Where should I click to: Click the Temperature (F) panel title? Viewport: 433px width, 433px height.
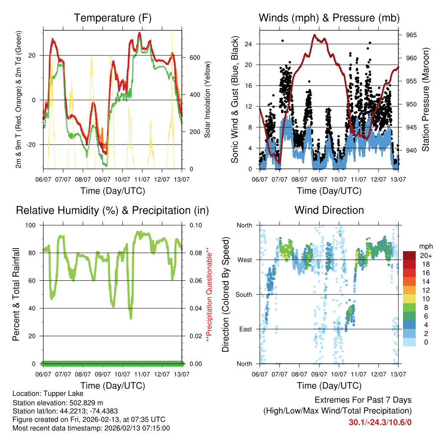112,18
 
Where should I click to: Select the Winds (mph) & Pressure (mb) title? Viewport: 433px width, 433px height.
329,18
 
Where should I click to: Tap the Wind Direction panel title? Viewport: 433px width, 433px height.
329,210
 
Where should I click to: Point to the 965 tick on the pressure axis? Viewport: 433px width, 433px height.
411,35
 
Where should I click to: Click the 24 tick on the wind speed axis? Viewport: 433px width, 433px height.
249,44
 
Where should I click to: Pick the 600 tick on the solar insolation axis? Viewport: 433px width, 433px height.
194,58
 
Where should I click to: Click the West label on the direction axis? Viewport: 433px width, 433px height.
244,260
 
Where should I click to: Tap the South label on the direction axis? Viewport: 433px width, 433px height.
244,294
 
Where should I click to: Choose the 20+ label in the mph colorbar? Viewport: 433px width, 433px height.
425,255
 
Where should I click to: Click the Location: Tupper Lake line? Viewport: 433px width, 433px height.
48,394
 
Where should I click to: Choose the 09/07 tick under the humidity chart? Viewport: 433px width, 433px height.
103,374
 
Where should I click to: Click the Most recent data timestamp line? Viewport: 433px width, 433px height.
91,428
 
